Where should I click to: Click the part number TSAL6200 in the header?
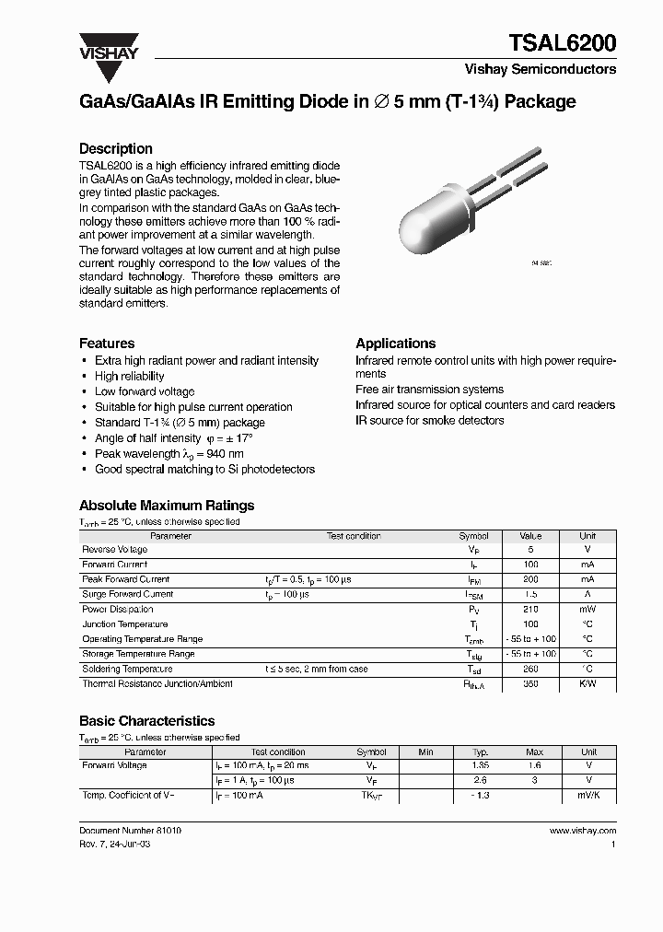click(x=563, y=42)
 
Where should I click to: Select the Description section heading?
click(x=115, y=148)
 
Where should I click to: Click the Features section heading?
click(x=107, y=343)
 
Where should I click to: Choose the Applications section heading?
click(x=395, y=343)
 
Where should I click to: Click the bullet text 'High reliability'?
click(x=129, y=376)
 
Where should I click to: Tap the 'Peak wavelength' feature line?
click(x=169, y=454)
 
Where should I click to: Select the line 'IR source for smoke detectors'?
click(x=429, y=420)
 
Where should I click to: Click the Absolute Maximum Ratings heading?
click(x=167, y=505)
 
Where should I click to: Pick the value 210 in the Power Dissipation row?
click(x=530, y=610)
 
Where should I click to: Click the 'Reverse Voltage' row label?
click(x=114, y=550)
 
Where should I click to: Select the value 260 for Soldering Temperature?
click(x=530, y=670)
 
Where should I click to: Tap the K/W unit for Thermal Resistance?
click(x=587, y=684)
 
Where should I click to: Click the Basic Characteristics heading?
click(x=146, y=721)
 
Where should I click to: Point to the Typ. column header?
click(x=480, y=751)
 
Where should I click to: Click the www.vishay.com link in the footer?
click(x=582, y=830)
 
